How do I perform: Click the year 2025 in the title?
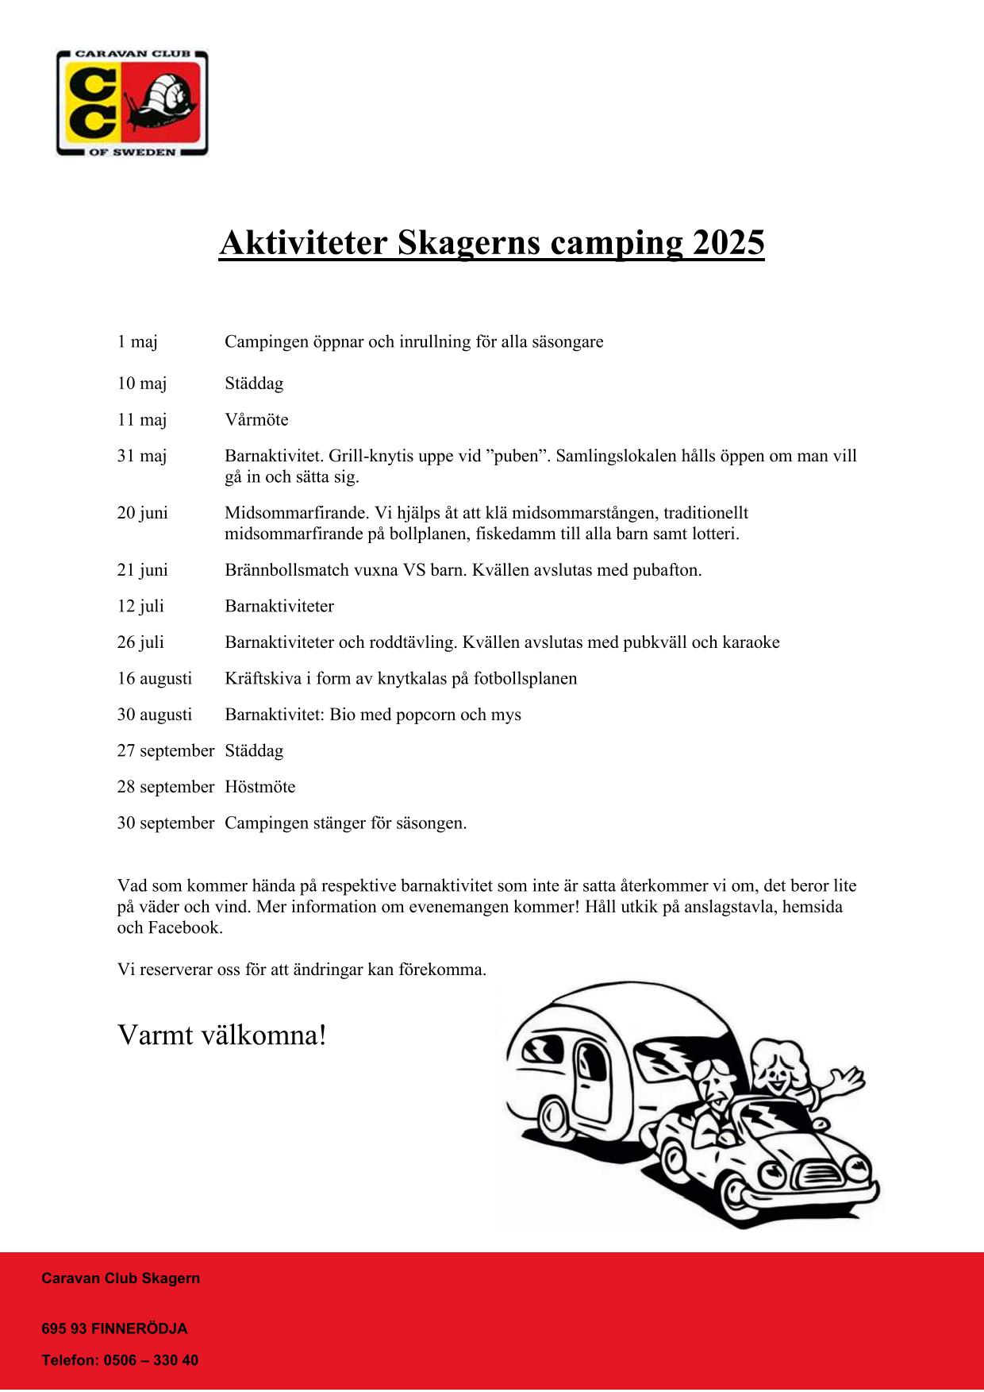tap(728, 243)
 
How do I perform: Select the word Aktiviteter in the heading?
tap(303, 243)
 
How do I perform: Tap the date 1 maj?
tap(137, 342)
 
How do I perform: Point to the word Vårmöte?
tap(256, 420)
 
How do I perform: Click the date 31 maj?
tap(142, 457)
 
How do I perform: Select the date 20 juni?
tap(143, 513)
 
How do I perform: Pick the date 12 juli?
tap(140, 607)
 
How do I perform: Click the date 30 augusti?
tap(155, 715)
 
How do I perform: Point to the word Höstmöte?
tap(259, 787)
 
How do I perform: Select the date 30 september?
tap(166, 823)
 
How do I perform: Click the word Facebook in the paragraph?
tap(184, 928)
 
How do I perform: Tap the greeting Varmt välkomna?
tap(222, 1035)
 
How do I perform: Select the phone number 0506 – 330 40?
tap(151, 1360)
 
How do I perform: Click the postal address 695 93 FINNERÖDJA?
tap(114, 1328)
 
